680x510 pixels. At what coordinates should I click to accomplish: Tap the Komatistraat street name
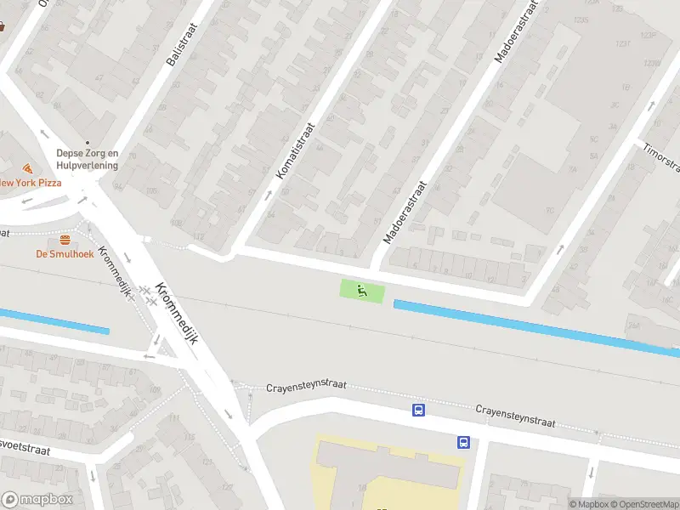pos(295,150)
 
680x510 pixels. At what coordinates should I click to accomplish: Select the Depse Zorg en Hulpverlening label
pos(87,159)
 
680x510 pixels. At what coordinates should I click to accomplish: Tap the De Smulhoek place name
pos(64,253)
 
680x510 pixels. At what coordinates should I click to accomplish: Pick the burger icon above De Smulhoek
pos(65,239)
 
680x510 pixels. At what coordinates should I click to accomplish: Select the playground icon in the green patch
pos(362,291)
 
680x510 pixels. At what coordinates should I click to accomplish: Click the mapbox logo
pos(36,500)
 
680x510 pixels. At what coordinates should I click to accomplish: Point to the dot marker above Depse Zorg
pos(86,143)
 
